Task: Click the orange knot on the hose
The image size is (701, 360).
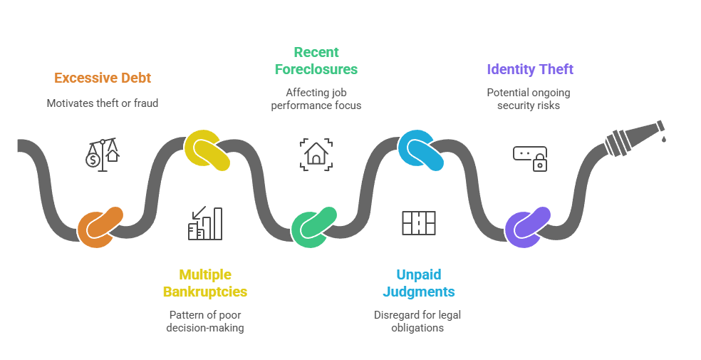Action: pyautogui.click(x=100, y=226)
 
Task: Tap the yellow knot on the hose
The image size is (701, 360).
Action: pyautogui.click(x=207, y=150)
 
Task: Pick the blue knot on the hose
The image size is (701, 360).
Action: pyautogui.click(x=421, y=150)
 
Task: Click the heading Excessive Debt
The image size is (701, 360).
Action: pyautogui.click(x=103, y=78)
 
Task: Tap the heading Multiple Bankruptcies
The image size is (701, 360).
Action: pyautogui.click(x=205, y=283)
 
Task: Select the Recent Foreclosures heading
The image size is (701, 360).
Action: pyautogui.click(x=316, y=61)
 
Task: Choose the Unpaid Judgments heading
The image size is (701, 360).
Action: pyautogui.click(x=419, y=283)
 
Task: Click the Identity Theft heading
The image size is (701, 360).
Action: pyautogui.click(x=529, y=69)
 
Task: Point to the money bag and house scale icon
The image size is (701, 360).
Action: pyautogui.click(x=103, y=153)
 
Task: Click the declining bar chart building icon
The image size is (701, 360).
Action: pyautogui.click(x=205, y=223)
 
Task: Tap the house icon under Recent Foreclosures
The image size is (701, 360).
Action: pyautogui.click(x=314, y=154)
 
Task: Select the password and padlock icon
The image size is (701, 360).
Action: pyautogui.click(x=530, y=158)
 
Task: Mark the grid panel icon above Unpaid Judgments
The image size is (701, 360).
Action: pyautogui.click(x=419, y=223)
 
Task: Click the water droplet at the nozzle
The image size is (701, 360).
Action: pyautogui.click(x=663, y=138)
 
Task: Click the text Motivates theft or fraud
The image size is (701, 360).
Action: pyautogui.click(x=103, y=103)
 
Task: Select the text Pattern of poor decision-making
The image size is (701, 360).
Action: pyautogui.click(x=205, y=321)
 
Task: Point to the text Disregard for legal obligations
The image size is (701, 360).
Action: pyautogui.click(x=419, y=321)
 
